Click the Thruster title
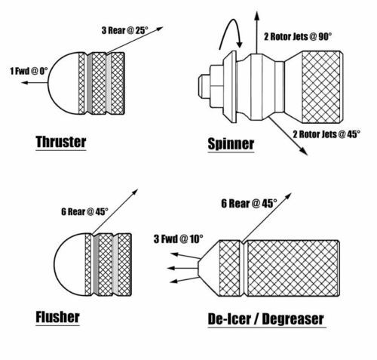tap(61, 142)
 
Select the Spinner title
tap(231, 144)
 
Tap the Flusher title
tap(57, 317)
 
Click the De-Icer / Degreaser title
tap(265, 319)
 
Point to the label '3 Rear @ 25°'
tap(124, 30)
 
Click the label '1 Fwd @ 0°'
tap(29, 71)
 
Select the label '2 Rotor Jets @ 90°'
tap(298, 37)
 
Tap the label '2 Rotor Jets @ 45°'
tap(326, 134)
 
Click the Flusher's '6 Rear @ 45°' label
tap(84, 211)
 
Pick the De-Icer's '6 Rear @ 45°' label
tap(249, 203)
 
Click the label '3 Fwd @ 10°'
tap(178, 238)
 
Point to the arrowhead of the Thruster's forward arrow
tap(24, 82)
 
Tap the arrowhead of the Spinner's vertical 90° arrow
tap(256, 16)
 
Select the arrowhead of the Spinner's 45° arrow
tap(304, 152)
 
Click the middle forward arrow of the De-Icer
tap(182, 268)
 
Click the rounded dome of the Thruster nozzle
tap(63, 83)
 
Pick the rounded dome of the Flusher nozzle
tap(70, 264)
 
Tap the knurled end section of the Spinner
tap(322, 87)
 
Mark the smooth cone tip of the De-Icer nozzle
tap(209, 268)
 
